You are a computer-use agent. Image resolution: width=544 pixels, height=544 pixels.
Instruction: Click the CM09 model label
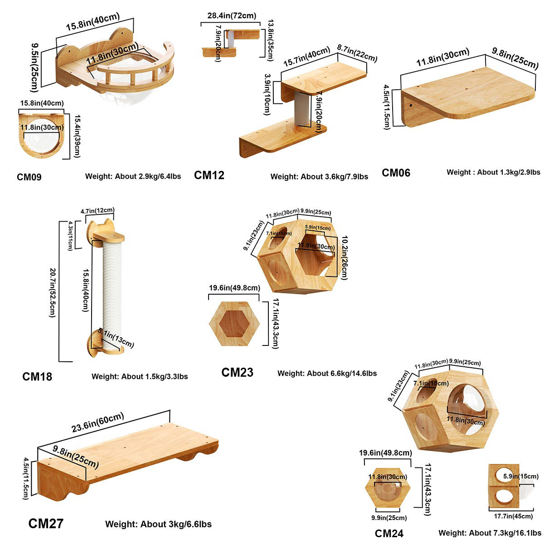point(29,177)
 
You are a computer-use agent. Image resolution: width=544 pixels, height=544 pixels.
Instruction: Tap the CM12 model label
point(209,175)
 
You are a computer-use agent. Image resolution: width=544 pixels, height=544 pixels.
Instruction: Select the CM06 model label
point(396,173)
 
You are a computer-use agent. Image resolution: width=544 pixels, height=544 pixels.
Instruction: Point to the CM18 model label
point(37,376)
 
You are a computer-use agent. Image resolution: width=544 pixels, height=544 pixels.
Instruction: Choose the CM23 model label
point(237,373)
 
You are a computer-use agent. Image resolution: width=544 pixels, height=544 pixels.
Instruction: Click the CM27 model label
point(46,524)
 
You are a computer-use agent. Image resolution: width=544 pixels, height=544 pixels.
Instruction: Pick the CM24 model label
point(389,534)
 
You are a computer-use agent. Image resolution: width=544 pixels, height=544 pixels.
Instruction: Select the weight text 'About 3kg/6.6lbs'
point(158,524)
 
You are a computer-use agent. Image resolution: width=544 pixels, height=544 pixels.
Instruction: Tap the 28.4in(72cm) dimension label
point(231,16)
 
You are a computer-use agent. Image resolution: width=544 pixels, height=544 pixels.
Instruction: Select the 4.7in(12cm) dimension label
point(97,211)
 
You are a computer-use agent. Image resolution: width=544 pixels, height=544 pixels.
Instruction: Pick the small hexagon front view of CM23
point(233,324)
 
